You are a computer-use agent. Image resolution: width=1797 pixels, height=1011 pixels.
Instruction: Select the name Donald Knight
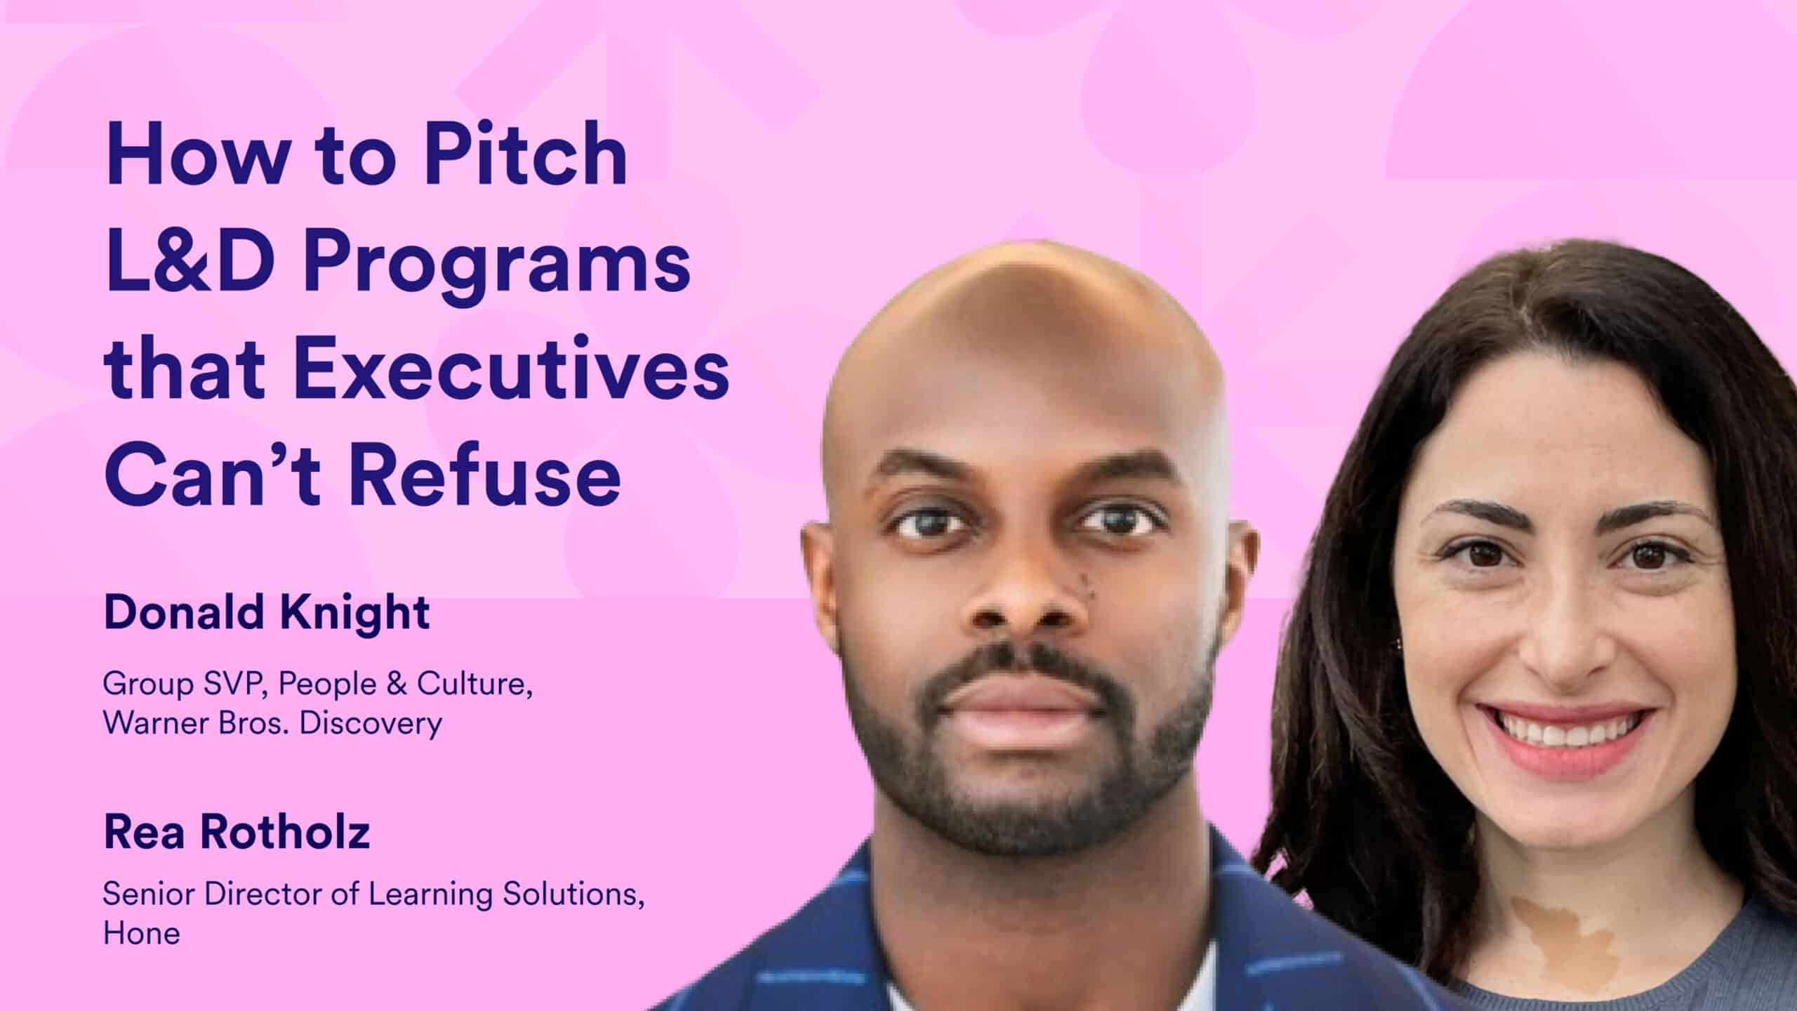pos(267,612)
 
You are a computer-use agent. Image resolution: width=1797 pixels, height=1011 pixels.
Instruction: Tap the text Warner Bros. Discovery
pos(272,723)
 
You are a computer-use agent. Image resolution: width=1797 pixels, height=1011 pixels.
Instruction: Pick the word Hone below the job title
pos(142,934)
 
